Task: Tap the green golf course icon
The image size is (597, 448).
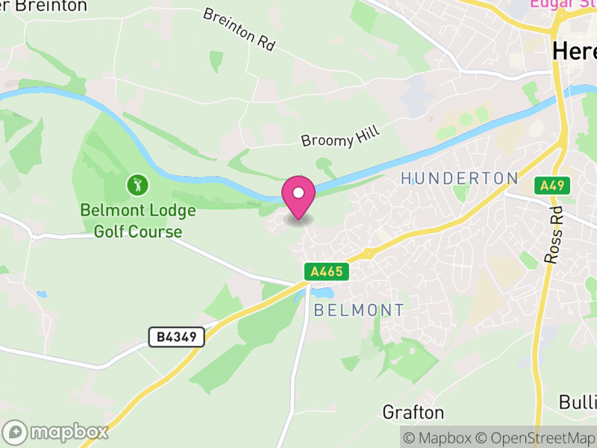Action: [x=136, y=184]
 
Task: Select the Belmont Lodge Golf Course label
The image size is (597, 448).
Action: [x=138, y=221]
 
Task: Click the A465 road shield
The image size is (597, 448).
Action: [x=327, y=271]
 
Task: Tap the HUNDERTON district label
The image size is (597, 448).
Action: [x=459, y=178]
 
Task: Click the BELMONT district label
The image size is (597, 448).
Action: [x=359, y=310]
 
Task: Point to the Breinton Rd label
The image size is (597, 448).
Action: [x=239, y=29]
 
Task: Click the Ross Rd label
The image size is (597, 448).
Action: [x=554, y=236]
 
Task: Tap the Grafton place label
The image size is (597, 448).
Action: [x=413, y=412]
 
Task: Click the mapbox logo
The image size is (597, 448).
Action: [x=56, y=432]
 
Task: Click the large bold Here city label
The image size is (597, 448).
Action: [x=574, y=51]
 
